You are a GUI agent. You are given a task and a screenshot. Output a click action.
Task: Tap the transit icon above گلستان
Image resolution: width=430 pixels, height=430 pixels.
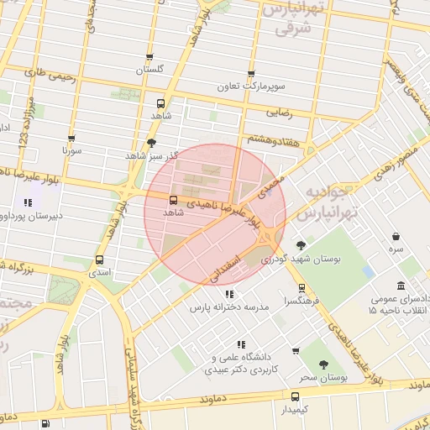[149, 58]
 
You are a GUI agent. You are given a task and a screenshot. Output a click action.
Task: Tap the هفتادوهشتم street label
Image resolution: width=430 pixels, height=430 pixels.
[270, 139]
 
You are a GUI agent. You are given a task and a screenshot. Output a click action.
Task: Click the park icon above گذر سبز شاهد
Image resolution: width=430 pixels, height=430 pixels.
[151, 143]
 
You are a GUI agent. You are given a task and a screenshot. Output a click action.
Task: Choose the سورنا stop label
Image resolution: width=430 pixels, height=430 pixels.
[71, 152]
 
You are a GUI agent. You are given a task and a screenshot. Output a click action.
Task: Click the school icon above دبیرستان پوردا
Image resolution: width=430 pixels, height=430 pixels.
[28, 202]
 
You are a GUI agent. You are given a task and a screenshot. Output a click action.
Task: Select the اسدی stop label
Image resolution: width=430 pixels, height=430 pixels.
[100, 273]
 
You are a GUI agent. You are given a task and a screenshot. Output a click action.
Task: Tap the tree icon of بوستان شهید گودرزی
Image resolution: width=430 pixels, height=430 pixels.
[301, 245]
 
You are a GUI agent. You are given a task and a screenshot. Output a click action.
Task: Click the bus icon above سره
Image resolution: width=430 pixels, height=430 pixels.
[396, 237]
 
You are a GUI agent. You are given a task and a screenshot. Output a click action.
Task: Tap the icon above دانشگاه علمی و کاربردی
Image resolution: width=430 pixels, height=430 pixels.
[241, 344]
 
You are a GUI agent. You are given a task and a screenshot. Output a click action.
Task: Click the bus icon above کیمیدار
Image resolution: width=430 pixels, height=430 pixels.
[295, 396]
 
